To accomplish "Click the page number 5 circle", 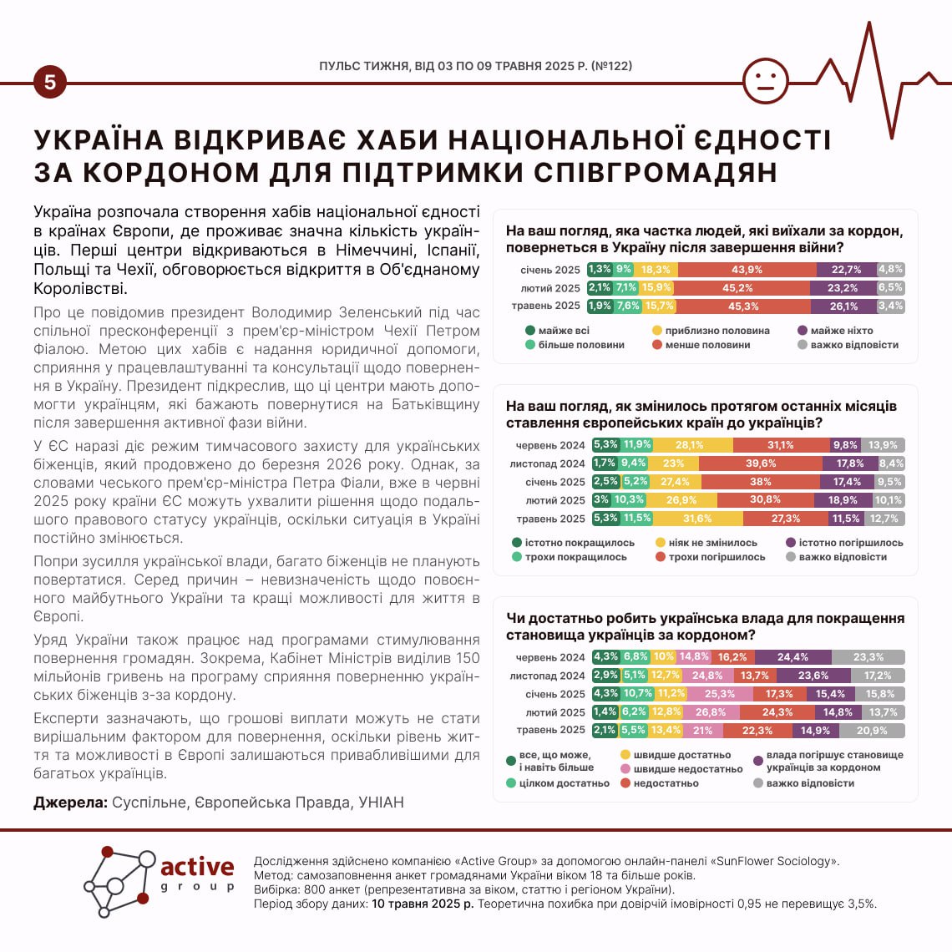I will click(50, 83).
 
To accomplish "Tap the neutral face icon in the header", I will click(765, 82).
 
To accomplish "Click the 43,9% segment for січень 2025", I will click(747, 270).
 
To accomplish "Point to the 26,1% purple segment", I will click(843, 306).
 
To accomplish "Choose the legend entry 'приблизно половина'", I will click(717, 331).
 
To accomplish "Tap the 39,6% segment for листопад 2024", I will click(760, 463).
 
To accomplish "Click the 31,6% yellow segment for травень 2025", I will click(697, 519).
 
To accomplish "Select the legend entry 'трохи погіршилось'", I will click(716, 557).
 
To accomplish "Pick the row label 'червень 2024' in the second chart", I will click(550, 445).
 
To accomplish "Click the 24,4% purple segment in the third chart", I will click(792, 657).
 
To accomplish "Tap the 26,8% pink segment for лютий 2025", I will click(711, 712).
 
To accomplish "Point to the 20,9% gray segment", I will click(872, 731).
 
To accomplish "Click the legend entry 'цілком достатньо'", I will click(564, 783).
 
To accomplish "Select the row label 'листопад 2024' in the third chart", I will click(548, 676).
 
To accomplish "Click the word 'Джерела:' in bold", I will click(70, 803).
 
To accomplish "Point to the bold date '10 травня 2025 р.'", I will click(423, 904).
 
